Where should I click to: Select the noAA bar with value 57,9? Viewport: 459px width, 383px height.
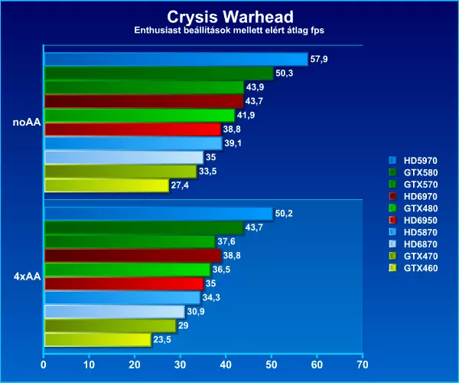click(x=176, y=59)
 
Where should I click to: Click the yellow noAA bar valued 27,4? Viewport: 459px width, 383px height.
click(x=106, y=185)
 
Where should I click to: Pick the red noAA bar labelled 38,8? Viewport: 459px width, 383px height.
click(x=132, y=129)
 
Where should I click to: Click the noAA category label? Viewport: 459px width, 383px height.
click(x=28, y=122)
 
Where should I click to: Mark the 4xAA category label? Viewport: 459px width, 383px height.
click(x=28, y=277)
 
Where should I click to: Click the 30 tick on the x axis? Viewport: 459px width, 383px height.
click(x=180, y=365)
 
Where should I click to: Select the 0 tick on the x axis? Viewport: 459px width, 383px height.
click(x=44, y=365)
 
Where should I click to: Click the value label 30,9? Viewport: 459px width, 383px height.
click(x=197, y=312)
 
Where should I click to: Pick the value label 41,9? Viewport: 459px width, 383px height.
click(x=246, y=116)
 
